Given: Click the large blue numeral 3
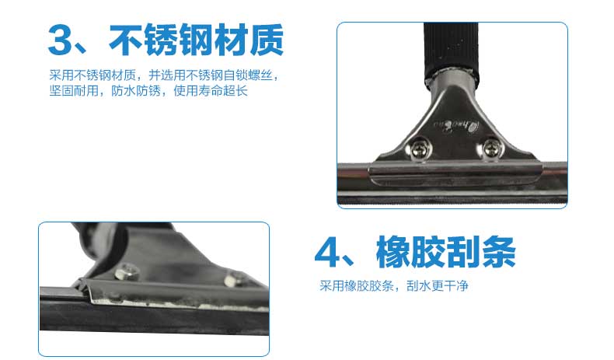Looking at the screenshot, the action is tap(61, 40).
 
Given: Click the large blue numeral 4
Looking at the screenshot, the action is tap(328, 253).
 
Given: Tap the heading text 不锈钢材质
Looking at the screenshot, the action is tap(196, 40).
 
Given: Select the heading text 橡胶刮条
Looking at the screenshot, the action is tap(445, 252).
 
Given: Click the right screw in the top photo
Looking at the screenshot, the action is tap(490, 149).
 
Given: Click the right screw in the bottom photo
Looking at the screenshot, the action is tap(233, 279).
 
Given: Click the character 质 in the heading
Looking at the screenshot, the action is tap(267, 40).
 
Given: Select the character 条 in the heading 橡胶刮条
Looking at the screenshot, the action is tap(499, 252).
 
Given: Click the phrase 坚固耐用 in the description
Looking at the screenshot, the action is tap(74, 91).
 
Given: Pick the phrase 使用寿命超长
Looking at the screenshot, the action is tap(211, 91).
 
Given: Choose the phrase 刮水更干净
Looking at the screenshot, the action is tap(437, 285).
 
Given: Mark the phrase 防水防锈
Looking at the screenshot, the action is tap(136, 91).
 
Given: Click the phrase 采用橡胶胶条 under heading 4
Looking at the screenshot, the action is tap(356, 285).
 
